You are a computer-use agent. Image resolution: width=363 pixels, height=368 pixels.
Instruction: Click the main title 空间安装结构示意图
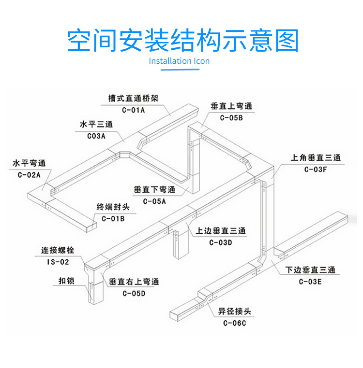[x=182, y=41]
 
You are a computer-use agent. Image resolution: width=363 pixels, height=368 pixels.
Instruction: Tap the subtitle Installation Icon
[x=179, y=61]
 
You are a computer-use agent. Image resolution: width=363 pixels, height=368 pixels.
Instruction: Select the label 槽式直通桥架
[x=133, y=99]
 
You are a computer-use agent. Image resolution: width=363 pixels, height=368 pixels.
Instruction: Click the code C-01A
[x=133, y=110]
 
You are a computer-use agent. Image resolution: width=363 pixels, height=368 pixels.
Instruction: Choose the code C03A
[x=96, y=136]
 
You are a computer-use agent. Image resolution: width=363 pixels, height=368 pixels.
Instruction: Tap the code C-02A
[x=29, y=174]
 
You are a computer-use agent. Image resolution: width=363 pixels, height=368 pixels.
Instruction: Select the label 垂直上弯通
[x=231, y=106]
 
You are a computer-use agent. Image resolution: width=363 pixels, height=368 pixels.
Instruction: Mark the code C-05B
[x=231, y=117]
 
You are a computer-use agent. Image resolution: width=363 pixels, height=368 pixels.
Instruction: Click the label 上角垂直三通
[x=316, y=158]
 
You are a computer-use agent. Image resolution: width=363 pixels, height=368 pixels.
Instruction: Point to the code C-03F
[x=316, y=169]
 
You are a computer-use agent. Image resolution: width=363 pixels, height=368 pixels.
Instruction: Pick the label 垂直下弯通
[x=154, y=190]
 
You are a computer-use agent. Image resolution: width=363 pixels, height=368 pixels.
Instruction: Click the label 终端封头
[x=113, y=207]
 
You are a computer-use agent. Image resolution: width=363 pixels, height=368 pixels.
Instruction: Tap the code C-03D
[x=221, y=242]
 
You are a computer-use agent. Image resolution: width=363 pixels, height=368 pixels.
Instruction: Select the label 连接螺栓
[x=58, y=251]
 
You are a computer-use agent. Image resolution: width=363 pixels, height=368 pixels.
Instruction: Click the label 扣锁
[x=66, y=281]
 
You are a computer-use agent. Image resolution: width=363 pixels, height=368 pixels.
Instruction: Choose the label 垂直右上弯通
[x=134, y=282]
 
